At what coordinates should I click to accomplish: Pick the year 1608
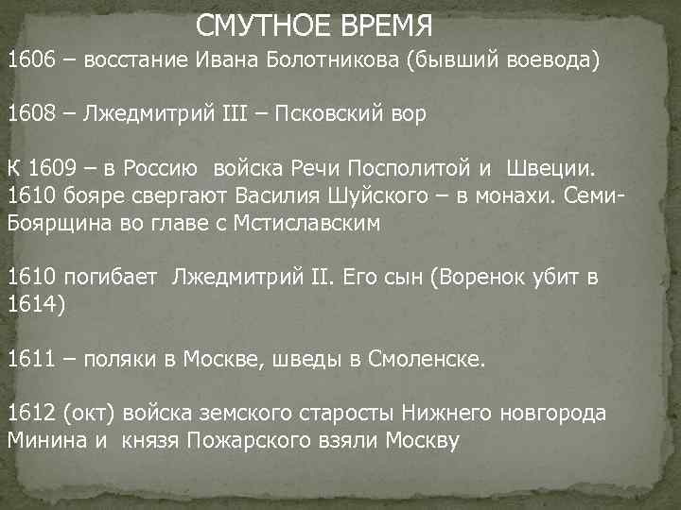point(30,115)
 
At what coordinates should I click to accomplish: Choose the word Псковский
point(337,115)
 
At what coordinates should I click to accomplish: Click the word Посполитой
point(409,169)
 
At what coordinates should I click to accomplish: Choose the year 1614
point(30,305)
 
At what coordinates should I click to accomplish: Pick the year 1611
point(30,360)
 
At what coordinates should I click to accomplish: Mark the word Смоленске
point(431,360)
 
